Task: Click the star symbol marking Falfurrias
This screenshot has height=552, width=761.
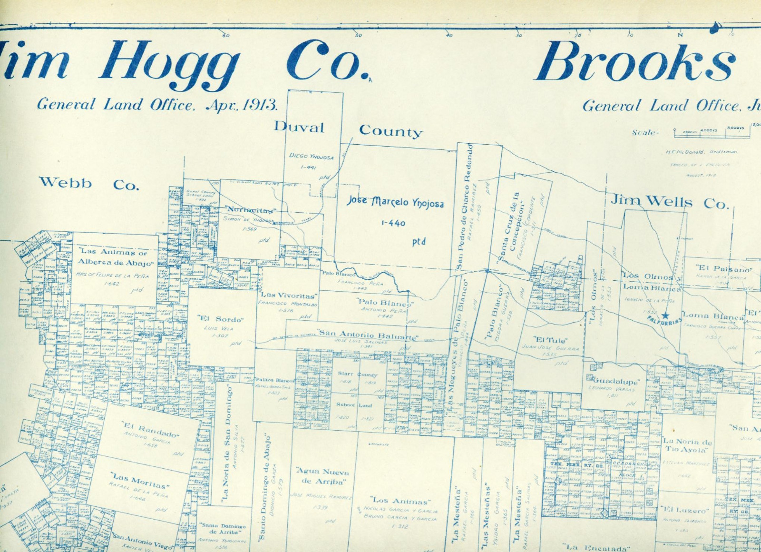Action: [x=665, y=315]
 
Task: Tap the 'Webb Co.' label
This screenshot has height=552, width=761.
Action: [x=89, y=183]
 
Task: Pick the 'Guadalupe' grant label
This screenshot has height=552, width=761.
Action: [x=616, y=382]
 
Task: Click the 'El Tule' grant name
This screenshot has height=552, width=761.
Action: [x=551, y=340]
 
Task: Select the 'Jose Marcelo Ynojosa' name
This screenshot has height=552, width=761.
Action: [x=395, y=202]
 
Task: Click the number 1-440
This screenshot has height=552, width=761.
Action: [x=393, y=223]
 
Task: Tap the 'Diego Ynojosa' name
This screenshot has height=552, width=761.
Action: [x=312, y=156]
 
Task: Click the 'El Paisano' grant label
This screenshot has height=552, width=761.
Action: [x=724, y=269]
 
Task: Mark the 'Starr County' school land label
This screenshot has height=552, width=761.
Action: [x=357, y=375]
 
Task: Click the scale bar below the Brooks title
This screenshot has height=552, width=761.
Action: [x=711, y=133]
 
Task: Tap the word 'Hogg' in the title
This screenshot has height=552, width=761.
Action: [x=170, y=62]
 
